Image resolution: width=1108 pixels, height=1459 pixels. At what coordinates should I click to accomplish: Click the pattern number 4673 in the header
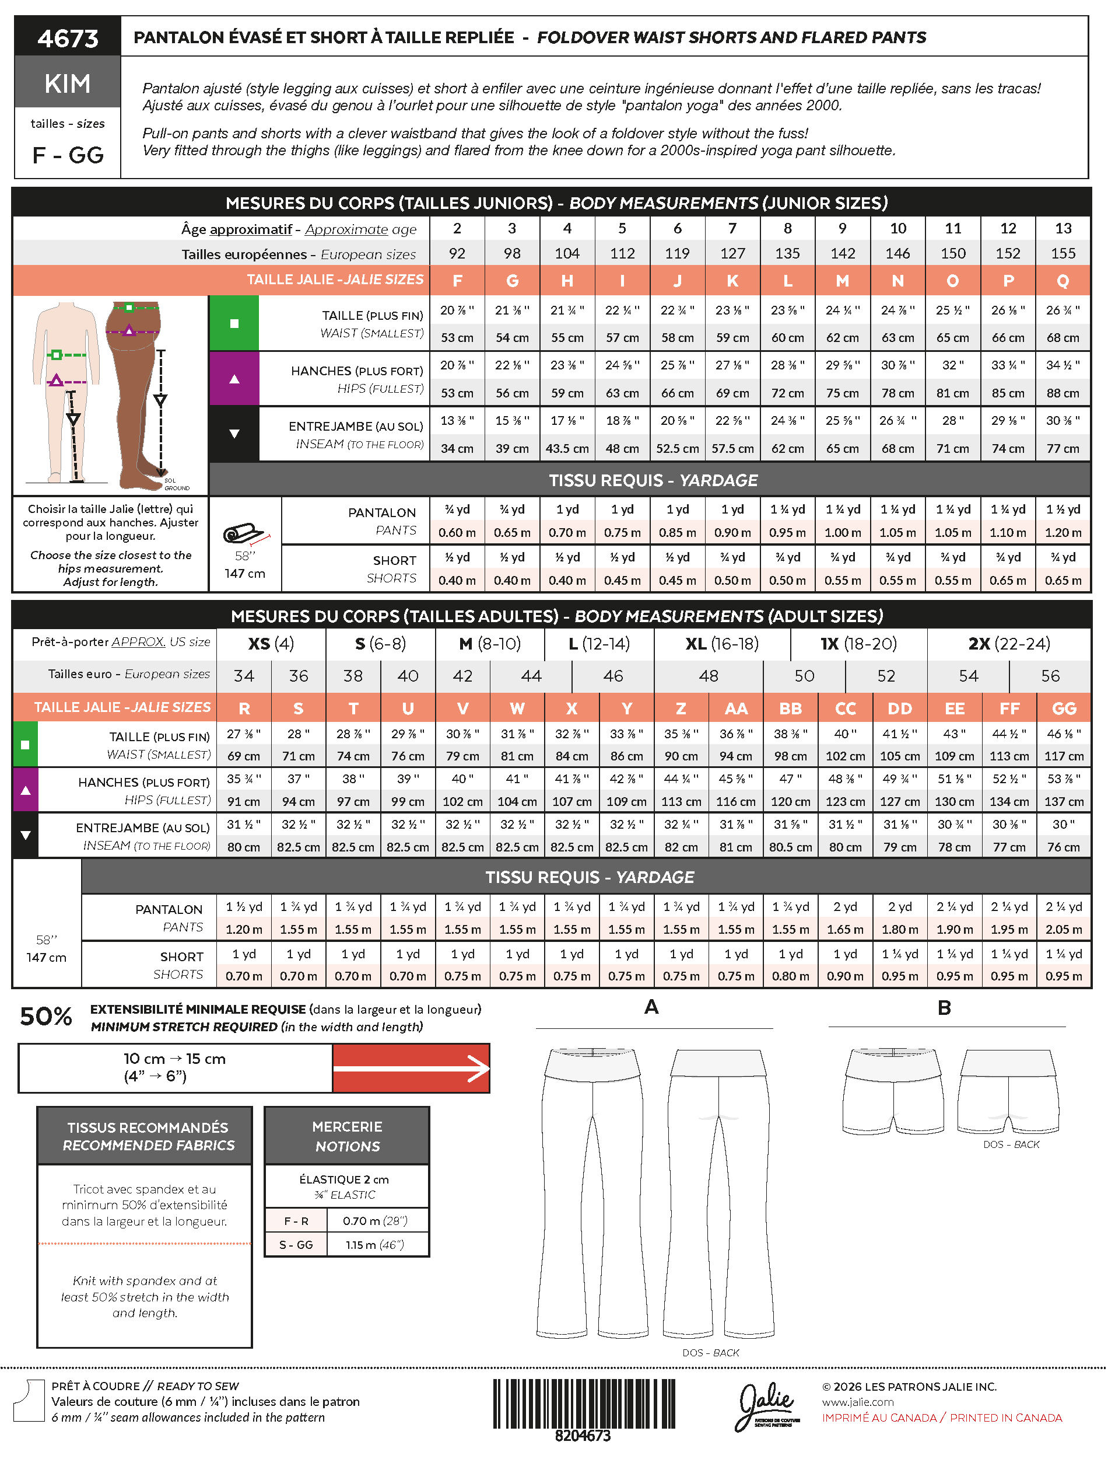(67, 39)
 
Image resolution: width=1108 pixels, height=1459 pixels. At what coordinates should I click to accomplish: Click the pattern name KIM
(67, 84)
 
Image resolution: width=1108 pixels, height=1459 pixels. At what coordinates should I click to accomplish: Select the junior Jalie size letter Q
(1063, 281)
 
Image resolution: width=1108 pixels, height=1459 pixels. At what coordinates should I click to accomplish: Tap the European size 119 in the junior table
(676, 253)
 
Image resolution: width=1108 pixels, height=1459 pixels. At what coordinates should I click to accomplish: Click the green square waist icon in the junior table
(233, 323)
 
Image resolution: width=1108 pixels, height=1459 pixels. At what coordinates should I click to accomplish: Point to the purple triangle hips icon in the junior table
(233, 379)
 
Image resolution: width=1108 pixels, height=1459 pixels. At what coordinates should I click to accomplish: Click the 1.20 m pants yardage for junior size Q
(1063, 532)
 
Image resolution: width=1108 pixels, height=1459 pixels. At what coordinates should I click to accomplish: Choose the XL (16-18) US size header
(721, 643)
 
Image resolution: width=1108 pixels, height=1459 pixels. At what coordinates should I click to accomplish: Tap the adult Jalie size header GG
(1063, 708)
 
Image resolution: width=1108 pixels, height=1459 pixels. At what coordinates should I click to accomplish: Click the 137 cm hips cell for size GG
(1063, 801)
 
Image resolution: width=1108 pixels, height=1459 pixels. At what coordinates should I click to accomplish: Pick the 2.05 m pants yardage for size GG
(1063, 929)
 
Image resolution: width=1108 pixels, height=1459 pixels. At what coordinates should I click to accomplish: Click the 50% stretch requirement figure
(45, 1016)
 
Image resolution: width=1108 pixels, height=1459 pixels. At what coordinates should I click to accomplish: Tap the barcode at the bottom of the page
(584, 1405)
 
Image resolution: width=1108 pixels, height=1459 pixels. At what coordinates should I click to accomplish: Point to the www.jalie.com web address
(857, 1402)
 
